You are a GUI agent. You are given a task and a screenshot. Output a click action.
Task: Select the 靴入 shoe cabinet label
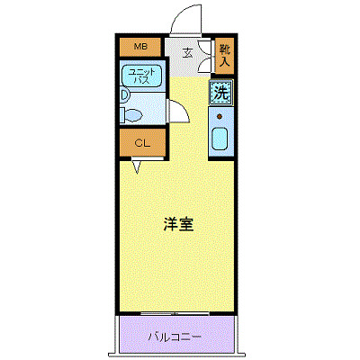coord(224,56)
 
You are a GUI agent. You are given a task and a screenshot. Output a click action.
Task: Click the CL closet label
coord(141,143)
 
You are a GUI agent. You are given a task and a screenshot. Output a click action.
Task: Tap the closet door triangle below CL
coord(135,166)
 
